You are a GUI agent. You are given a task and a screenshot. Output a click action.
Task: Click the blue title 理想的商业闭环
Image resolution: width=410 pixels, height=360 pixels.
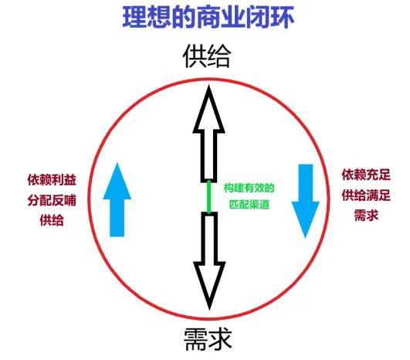208,17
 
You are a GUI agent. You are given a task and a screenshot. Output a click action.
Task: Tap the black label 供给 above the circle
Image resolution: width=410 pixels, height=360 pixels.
207,56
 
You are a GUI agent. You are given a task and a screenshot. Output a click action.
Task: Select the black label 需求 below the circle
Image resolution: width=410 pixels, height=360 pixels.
208,339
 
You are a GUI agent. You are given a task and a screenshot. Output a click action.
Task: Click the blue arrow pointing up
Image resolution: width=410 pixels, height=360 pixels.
117,200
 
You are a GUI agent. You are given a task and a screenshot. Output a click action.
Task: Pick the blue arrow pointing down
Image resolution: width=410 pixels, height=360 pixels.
306,201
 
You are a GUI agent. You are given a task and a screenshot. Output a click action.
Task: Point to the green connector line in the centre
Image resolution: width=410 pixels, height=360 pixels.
209,197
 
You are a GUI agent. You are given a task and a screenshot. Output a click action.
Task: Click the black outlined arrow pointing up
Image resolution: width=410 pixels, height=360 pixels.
209,134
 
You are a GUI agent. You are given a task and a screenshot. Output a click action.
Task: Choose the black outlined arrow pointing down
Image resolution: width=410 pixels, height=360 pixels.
209,261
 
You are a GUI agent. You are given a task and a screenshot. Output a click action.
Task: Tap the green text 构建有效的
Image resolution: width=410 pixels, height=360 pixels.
249,188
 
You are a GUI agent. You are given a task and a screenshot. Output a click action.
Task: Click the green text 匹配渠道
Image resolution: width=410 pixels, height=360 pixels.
249,204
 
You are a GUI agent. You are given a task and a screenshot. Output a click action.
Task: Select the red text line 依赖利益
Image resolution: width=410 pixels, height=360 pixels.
52,180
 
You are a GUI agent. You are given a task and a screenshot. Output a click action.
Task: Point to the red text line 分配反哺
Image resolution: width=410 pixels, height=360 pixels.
52,200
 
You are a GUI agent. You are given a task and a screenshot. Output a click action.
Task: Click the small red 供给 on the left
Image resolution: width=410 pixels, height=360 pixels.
52,220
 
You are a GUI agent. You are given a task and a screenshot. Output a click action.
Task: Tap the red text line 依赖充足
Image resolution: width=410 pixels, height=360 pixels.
366,175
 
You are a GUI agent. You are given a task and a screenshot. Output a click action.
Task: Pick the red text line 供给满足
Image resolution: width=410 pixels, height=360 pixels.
366,195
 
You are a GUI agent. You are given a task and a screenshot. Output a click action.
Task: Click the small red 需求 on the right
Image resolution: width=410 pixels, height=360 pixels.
366,216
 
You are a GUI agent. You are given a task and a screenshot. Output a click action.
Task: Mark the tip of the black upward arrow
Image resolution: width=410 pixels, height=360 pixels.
209,86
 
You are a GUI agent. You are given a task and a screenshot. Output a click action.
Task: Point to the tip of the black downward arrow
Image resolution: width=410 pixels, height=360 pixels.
209,310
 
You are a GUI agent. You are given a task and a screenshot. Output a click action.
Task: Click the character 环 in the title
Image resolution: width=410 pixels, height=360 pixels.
283,17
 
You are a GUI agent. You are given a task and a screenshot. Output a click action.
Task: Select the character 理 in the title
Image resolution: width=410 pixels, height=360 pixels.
134,17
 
